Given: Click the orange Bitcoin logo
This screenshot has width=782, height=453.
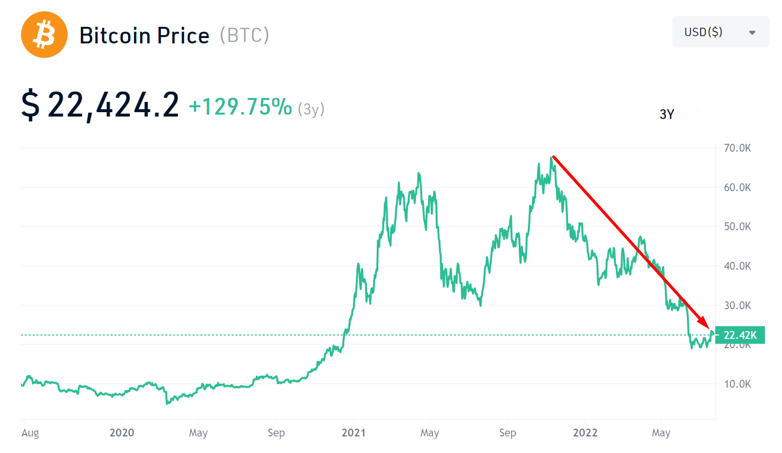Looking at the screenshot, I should click(44, 35).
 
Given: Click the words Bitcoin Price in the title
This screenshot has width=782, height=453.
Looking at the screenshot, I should click(144, 36).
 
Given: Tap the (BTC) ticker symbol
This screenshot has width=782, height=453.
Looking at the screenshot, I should click(244, 36).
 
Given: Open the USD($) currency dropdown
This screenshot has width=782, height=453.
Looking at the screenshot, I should click(720, 32).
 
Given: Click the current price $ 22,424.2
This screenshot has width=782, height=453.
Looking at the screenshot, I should click(100, 105).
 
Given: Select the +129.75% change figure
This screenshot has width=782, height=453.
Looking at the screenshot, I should click(240, 107).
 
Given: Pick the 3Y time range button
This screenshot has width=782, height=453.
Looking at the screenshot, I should click(666, 114).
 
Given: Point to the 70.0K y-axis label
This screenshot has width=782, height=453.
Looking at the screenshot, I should click(737, 148).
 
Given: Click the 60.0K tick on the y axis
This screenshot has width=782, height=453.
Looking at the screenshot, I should click(737, 187).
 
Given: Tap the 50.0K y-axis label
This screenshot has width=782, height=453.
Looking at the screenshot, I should click(737, 226).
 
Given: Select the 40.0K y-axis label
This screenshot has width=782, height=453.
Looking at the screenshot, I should click(737, 266).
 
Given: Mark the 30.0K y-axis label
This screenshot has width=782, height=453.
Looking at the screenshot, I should click(737, 305).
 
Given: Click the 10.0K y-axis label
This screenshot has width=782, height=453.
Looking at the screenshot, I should click(737, 384).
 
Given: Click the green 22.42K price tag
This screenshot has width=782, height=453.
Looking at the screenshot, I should click(740, 335).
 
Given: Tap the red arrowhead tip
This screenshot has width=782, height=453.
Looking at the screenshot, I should click(708, 327).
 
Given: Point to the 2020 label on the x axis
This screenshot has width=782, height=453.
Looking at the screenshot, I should click(121, 433).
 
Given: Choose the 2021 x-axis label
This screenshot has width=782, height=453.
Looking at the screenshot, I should click(353, 433).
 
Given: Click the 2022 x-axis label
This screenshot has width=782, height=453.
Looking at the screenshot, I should click(585, 433).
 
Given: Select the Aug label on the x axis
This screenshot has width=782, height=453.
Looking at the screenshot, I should click(30, 433).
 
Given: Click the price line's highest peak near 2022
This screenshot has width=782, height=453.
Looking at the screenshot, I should click(551, 158).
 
